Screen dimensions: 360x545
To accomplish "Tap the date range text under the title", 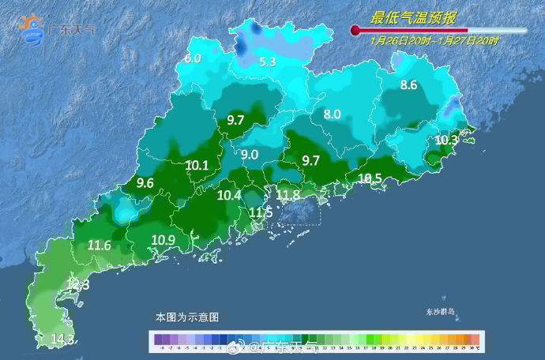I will click(434, 40).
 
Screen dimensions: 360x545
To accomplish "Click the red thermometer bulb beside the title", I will click(355, 31).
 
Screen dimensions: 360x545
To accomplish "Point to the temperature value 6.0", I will click(193, 58).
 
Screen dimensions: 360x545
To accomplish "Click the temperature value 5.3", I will click(268, 62).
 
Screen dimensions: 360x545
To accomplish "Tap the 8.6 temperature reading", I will click(408, 84).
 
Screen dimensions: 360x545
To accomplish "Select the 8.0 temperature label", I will click(332, 114).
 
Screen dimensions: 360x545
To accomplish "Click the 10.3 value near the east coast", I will click(446, 140).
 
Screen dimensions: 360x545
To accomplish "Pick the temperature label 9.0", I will click(250, 155).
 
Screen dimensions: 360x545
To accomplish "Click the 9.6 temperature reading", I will click(145, 183).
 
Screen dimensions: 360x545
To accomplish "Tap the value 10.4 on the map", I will click(229, 195).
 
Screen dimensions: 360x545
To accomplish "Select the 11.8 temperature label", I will click(288, 194).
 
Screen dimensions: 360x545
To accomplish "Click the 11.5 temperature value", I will click(261, 212).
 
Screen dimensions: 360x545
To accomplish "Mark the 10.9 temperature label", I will click(163, 239).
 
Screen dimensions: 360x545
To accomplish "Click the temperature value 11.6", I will click(99, 245).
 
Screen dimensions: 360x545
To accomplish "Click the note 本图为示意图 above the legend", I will click(186, 317).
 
